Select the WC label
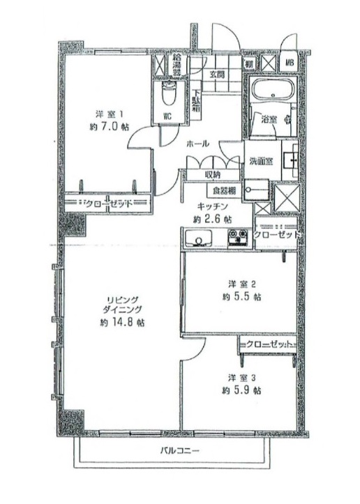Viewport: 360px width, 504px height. [167, 115]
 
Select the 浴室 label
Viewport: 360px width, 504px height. [269, 120]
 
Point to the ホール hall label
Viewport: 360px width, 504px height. [197, 143]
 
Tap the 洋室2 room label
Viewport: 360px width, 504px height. [243, 283]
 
